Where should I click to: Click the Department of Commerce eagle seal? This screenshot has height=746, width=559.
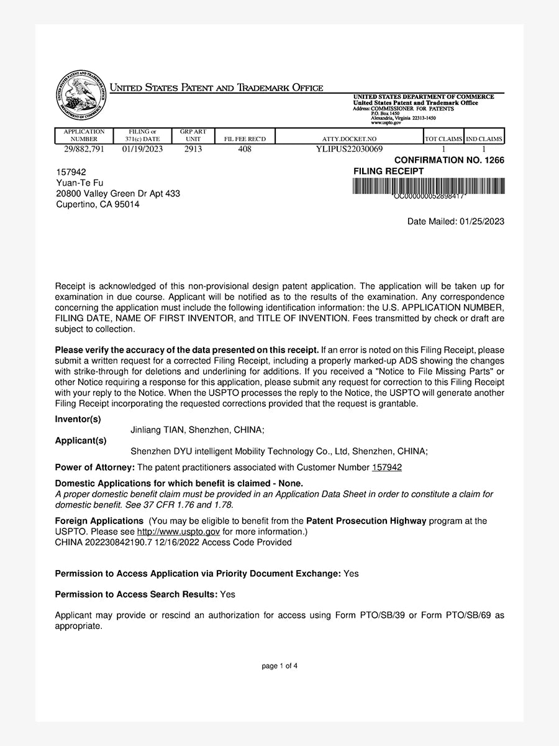coord(81,96)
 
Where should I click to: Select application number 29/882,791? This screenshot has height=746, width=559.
coord(84,149)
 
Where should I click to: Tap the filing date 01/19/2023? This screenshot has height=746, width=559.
coord(142,149)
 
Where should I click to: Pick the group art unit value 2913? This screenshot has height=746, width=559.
coord(193,149)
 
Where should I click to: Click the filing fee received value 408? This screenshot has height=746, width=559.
coord(245,149)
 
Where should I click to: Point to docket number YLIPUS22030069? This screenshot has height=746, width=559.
coord(350,149)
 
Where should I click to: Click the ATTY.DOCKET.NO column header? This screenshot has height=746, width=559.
coord(350,139)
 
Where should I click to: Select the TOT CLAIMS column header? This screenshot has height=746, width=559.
coord(443,139)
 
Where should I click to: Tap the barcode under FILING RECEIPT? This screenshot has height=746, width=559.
coord(429,186)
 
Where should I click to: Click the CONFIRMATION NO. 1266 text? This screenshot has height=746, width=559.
coord(449,160)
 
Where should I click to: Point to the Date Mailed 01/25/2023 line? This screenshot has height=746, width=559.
coord(455,221)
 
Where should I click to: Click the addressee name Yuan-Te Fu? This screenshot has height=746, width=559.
coord(80,183)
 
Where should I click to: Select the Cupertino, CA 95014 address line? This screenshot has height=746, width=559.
coord(98,204)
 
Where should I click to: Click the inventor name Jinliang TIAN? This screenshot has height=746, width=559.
coord(157,430)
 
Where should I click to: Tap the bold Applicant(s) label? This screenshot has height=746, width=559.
coord(81,441)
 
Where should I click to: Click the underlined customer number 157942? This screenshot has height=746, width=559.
coord(386,467)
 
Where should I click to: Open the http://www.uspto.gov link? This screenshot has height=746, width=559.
coord(178,532)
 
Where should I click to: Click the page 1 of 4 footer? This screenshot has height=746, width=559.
coord(279,666)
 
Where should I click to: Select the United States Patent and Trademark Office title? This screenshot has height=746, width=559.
coord(216,88)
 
